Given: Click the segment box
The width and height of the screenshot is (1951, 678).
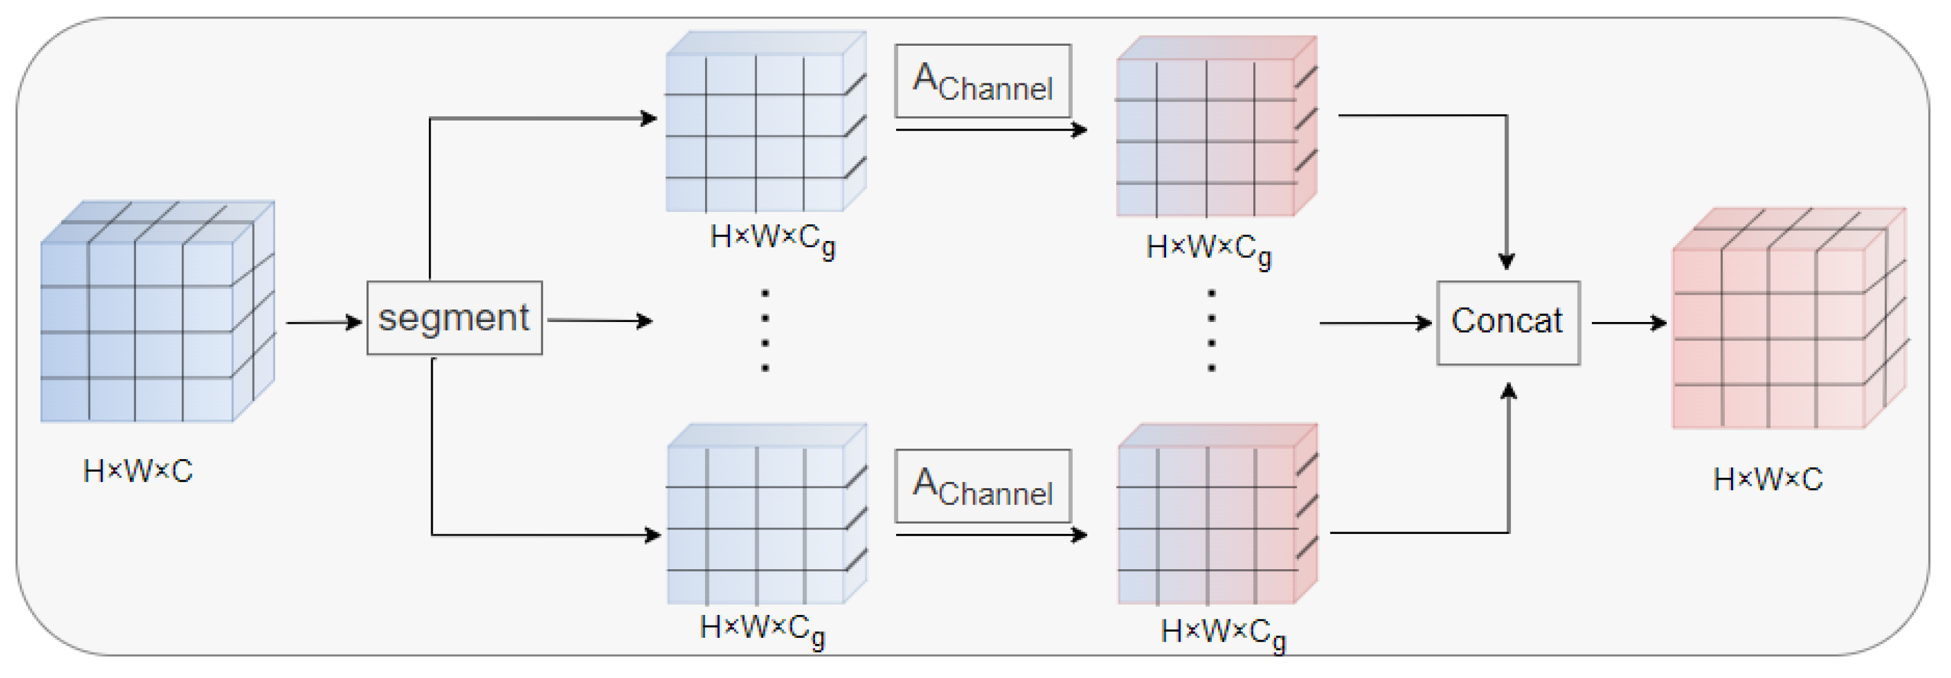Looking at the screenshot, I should point(454,318).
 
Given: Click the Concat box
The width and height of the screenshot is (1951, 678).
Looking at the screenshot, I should point(1507,323).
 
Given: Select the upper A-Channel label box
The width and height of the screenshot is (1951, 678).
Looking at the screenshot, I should point(983,81).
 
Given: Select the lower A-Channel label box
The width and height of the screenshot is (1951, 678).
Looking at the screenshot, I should point(983,486).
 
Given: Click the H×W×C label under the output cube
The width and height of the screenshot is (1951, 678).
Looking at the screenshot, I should point(1767,480).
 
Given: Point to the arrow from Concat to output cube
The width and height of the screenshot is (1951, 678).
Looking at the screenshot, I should point(1628,323).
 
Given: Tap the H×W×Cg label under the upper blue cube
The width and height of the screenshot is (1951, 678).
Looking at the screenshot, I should point(772,239).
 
